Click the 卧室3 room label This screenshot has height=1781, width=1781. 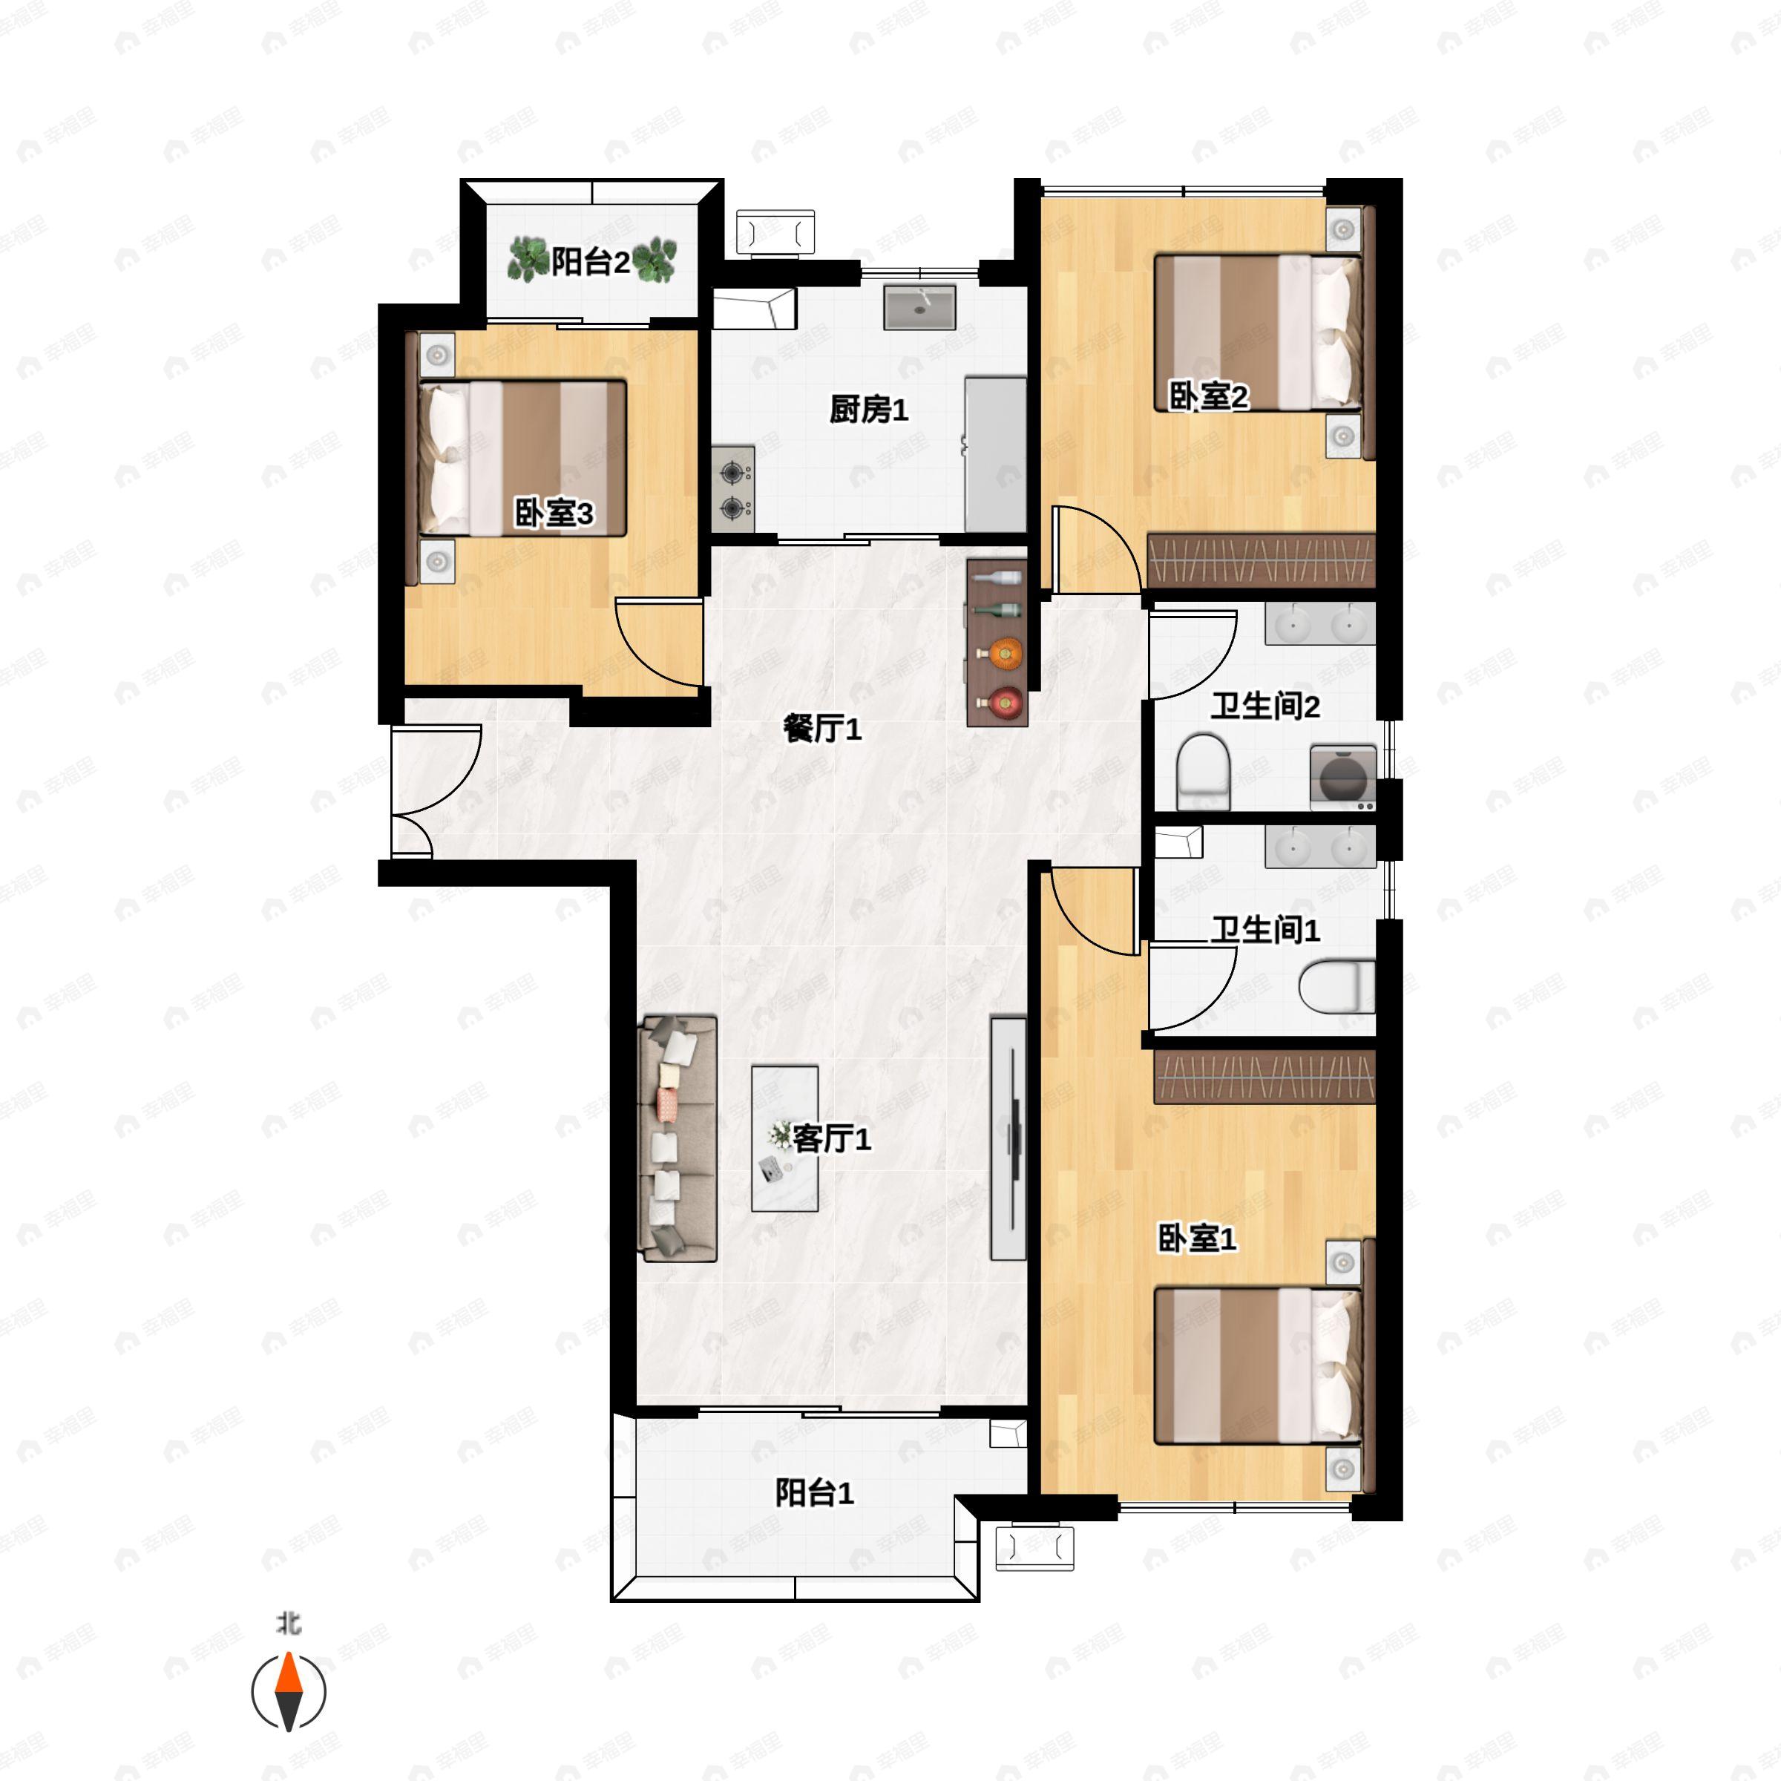click(554, 514)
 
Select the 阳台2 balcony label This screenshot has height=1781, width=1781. click(591, 263)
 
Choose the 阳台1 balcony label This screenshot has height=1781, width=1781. click(814, 1493)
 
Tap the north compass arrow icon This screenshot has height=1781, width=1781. click(289, 1692)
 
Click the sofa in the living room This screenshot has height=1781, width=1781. click(678, 1138)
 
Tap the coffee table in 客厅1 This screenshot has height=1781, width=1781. click(784, 1138)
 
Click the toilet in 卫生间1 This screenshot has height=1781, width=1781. click(1336, 986)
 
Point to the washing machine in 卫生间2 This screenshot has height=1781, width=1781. click(1343, 777)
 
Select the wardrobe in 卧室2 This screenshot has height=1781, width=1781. click(1261, 560)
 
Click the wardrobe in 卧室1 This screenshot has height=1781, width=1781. click(1265, 1077)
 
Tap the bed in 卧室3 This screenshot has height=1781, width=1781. click(522, 458)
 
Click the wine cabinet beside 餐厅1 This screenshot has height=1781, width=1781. click(997, 643)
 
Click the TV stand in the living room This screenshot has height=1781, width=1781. click(1008, 1138)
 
